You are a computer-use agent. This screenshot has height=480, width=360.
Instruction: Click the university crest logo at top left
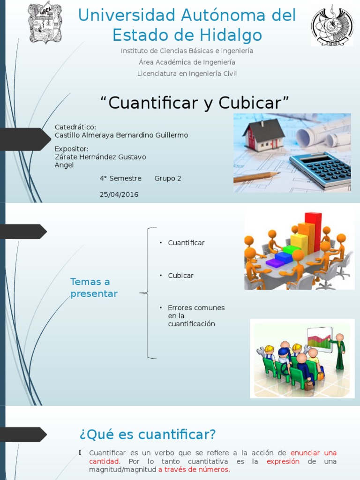(45, 23)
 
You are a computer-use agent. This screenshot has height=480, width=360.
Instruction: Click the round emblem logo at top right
(332, 25)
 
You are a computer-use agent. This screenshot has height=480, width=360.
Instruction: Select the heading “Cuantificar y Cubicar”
(195, 102)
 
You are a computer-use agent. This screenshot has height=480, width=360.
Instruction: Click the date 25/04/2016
(119, 194)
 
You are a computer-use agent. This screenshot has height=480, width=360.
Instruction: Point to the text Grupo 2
(168, 178)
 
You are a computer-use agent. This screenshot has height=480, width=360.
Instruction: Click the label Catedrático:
(75, 127)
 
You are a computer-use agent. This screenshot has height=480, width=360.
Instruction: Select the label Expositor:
(72, 149)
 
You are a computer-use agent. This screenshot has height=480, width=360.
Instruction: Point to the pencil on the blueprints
(256, 177)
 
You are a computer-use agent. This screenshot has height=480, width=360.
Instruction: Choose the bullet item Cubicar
(181, 276)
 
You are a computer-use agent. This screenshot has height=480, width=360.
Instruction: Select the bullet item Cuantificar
(186, 243)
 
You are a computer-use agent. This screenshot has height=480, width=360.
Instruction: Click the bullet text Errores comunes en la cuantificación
(196, 315)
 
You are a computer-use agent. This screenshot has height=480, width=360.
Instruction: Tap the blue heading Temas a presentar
(94, 287)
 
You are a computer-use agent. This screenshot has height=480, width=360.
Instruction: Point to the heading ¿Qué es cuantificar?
(148, 435)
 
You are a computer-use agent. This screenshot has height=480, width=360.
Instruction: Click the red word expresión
(283, 461)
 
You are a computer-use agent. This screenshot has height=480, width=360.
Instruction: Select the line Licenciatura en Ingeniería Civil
(187, 74)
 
